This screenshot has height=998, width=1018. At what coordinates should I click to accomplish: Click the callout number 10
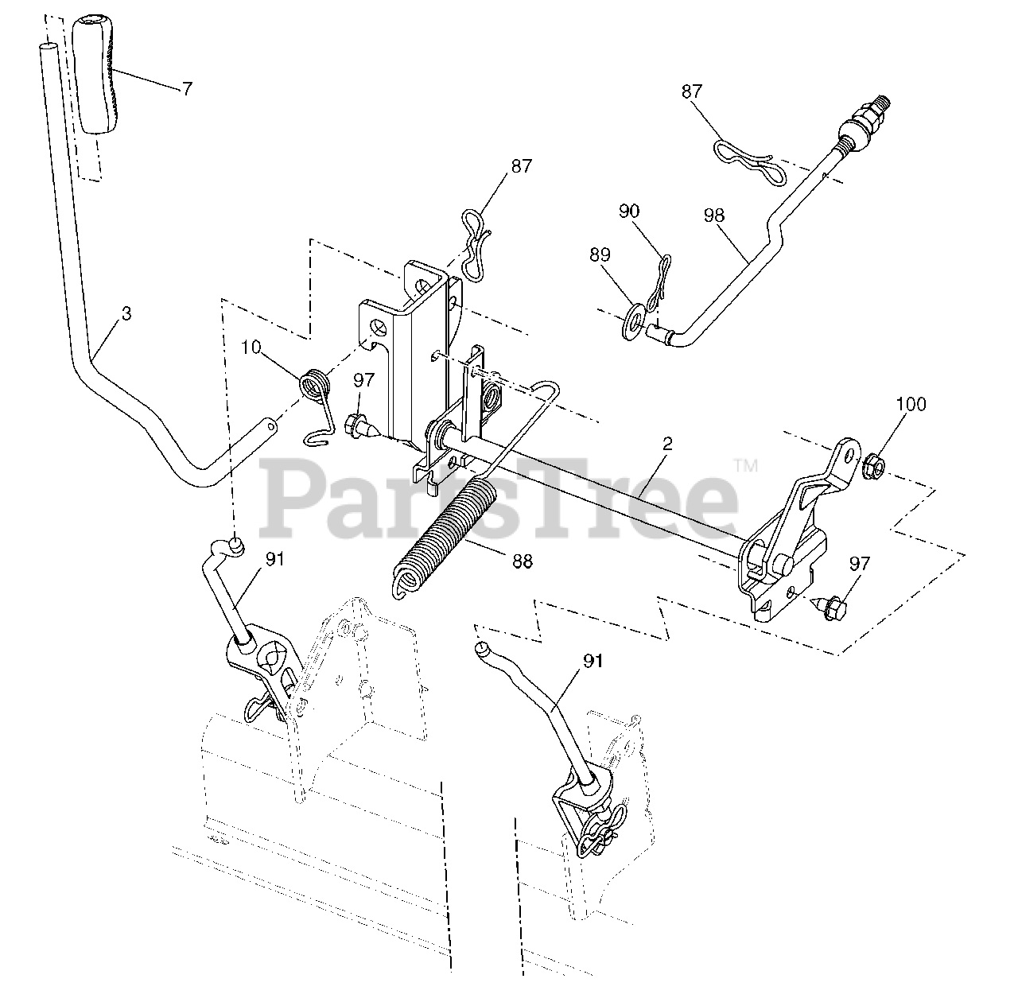pyautogui.click(x=251, y=348)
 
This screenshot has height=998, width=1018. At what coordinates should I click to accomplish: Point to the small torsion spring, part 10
pyautogui.click(x=314, y=389)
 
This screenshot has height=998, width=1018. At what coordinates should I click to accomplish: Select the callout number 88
pyautogui.click(x=523, y=561)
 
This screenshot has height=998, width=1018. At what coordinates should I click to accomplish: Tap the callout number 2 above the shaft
pyautogui.click(x=666, y=444)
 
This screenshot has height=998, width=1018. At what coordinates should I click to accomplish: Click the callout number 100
pyautogui.click(x=911, y=404)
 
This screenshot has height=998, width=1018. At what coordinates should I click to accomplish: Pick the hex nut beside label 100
pyautogui.click(x=873, y=465)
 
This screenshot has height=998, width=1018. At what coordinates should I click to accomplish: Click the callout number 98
pyautogui.click(x=715, y=215)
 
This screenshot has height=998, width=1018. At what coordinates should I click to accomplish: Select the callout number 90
pyautogui.click(x=628, y=212)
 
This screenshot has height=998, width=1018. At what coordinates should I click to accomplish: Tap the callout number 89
pyautogui.click(x=600, y=254)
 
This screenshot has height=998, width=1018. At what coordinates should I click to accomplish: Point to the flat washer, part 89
pyautogui.click(x=635, y=319)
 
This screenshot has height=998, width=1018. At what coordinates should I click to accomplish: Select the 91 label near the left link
pyautogui.click(x=274, y=559)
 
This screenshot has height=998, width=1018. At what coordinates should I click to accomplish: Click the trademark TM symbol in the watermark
pyautogui.click(x=745, y=466)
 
